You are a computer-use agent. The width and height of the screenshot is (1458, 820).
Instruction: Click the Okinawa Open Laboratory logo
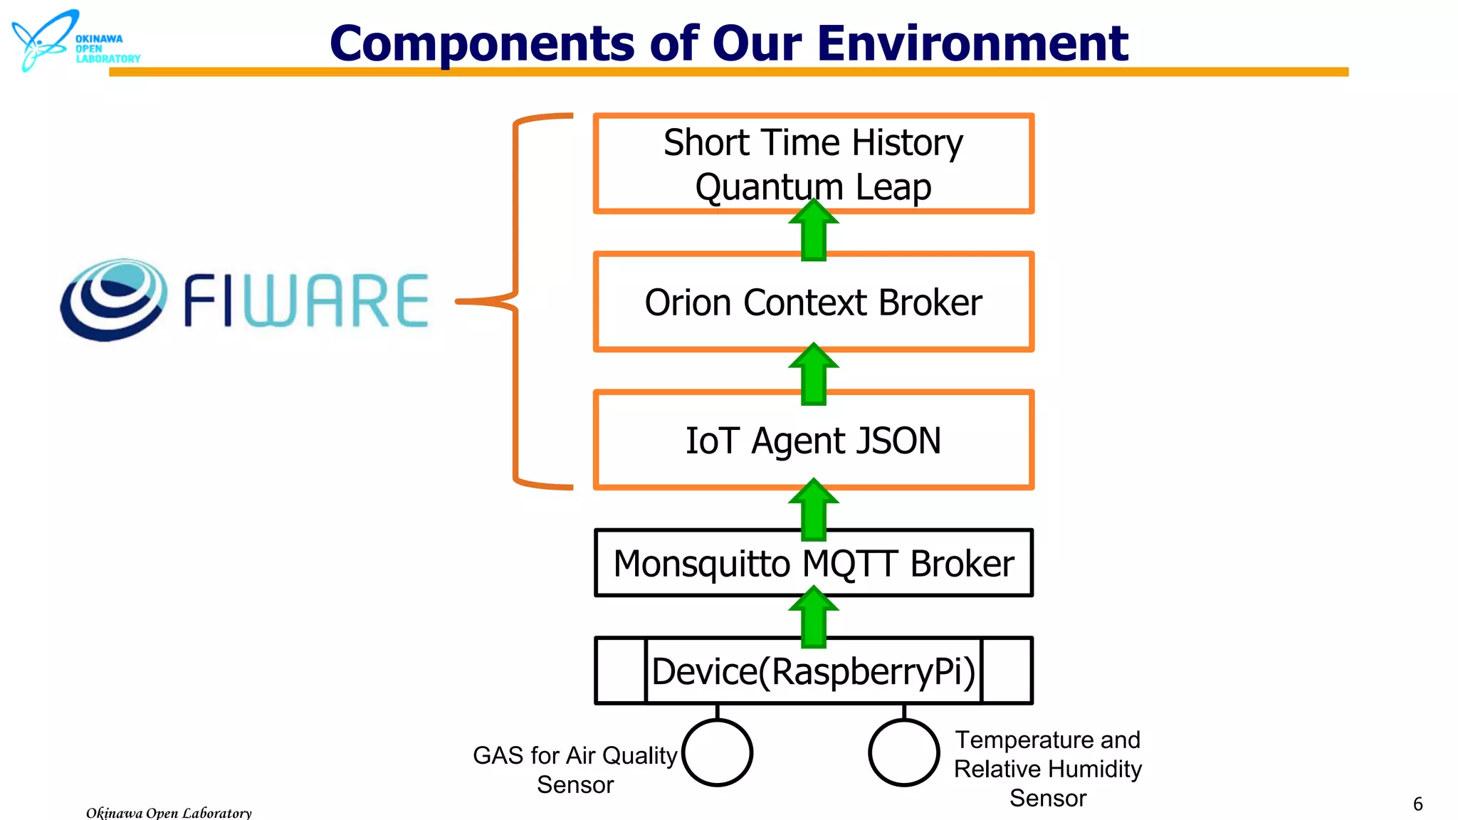click(x=71, y=41)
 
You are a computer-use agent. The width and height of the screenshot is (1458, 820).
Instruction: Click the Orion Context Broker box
click(x=813, y=303)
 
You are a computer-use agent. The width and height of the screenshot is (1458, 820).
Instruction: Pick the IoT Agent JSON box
click(x=813, y=441)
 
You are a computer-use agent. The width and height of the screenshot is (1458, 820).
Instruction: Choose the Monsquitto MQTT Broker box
click(x=813, y=564)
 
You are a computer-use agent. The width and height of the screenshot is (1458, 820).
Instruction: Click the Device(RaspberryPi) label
click(x=813, y=671)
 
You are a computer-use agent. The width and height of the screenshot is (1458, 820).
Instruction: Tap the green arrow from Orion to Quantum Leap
click(x=813, y=231)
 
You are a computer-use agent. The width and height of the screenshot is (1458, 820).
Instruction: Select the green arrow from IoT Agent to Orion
click(x=813, y=375)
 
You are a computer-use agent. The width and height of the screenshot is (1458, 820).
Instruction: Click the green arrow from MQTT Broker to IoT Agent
click(x=813, y=510)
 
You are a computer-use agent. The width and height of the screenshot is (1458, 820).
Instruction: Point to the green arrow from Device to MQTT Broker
click(x=813, y=618)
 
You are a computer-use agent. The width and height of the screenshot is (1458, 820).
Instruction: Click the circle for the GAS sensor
click(x=717, y=752)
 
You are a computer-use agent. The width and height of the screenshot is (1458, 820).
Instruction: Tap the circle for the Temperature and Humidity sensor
click(x=903, y=752)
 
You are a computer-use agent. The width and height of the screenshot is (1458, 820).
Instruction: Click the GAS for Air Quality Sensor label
click(x=575, y=769)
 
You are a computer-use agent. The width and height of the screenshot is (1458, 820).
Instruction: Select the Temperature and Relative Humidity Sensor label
click(x=1047, y=769)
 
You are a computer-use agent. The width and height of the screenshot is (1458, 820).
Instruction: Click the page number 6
click(x=1417, y=804)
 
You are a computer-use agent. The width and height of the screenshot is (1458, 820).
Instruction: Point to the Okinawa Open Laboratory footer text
click(x=169, y=812)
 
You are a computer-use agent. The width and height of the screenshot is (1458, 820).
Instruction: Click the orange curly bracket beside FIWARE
click(x=516, y=301)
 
